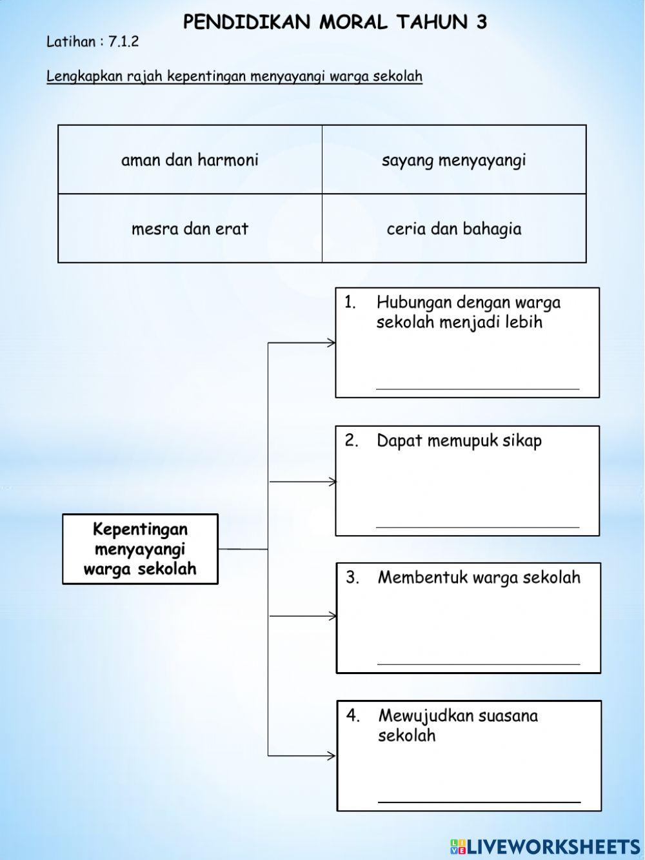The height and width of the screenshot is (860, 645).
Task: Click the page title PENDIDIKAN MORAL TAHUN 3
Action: [335, 23]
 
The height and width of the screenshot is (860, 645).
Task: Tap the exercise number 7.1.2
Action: [123, 43]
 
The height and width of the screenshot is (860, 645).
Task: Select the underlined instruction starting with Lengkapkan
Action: [234, 76]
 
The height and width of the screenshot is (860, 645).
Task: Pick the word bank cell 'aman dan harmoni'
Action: [190, 159]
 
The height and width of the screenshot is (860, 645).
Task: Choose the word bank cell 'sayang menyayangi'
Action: [454, 159]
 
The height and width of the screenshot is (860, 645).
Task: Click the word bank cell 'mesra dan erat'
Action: [190, 229]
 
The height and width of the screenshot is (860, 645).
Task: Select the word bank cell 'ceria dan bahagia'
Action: [454, 229]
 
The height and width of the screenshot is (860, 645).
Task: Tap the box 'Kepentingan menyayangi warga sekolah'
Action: [140, 549]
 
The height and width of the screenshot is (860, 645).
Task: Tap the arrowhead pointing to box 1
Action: [332, 343]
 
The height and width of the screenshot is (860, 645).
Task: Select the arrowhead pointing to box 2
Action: [332, 482]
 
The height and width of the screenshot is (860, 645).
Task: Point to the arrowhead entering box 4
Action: [332, 755]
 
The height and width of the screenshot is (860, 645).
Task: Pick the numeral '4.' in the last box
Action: [353, 715]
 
